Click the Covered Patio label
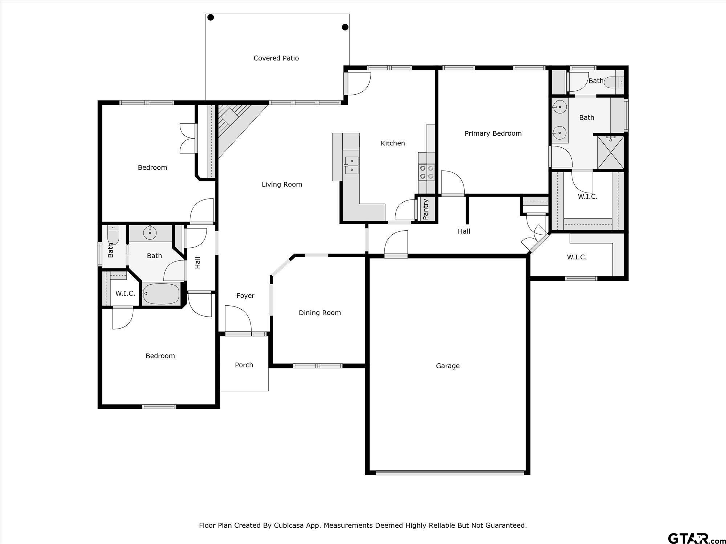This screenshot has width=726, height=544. pos(276,58)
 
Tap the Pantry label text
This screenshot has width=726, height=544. pos(426,209)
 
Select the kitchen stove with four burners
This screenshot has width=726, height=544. pos(427,172)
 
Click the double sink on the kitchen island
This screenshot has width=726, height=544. pos(351,165)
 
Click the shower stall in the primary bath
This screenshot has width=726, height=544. pos(611,152)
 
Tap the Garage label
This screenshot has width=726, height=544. pos(448,366)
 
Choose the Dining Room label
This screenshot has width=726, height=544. pos(320,313)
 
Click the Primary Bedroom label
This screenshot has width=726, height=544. pos(493,133)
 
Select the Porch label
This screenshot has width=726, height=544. pos(244,365)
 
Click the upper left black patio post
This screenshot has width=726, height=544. pos(211,17)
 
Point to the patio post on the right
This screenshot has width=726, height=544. pos(345,27)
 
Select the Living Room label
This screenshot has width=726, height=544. pos(282,184)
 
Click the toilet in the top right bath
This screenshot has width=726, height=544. pos(617,82)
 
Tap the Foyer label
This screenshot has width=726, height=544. pos(245,296)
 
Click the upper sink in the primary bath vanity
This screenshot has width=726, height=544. pos(560,107)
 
